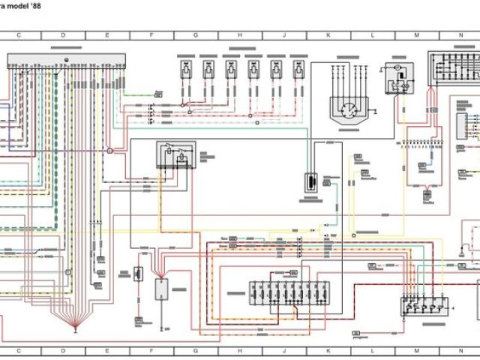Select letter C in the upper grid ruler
click(19, 35)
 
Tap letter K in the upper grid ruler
click(328, 35)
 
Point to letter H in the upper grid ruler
click(240, 35)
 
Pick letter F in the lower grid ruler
click(151, 350)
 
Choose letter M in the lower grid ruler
click(416, 350)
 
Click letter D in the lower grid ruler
click(63, 350)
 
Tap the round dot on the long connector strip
click(67, 58)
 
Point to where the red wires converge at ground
click(76, 327)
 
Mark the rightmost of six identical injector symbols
click(298, 70)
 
